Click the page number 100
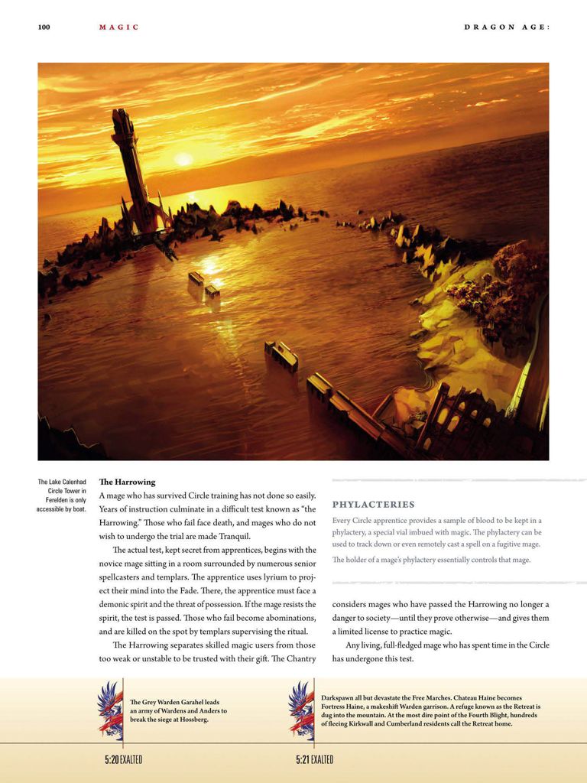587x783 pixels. tap(44, 28)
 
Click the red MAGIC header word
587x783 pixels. tap(119, 28)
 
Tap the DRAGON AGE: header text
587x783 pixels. tap(507, 28)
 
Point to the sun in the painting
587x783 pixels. tap(183, 159)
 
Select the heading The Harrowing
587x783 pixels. tap(127, 482)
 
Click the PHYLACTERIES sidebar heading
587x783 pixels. tap(374, 505)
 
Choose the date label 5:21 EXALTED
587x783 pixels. tap(315, 760)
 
